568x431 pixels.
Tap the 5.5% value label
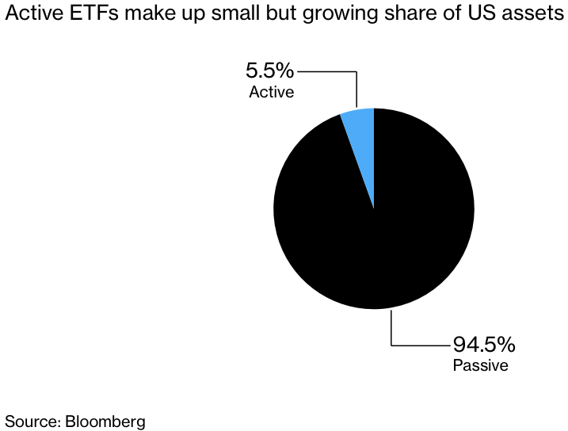pos(269,71)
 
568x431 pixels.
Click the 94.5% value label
pos(483,345)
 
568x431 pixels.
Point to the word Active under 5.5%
pos(271,92)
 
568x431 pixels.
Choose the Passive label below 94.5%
pos(480,365)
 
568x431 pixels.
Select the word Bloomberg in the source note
pos(105,421)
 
